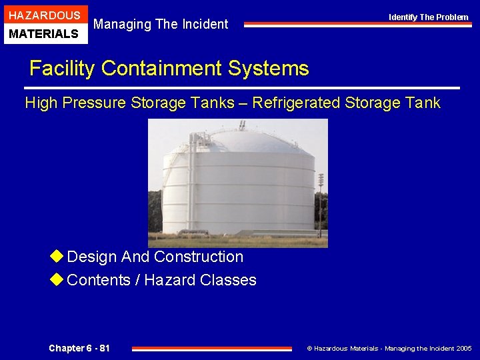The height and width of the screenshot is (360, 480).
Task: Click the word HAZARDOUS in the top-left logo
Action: [x=45, y=15]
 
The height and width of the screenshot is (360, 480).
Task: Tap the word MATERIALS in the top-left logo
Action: [x=45, y=33]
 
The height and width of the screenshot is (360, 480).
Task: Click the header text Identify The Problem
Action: [x=429, y=17]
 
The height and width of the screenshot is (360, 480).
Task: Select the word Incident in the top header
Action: [x=203, y=25]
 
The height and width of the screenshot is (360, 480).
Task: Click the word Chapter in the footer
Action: [x=67, y=348]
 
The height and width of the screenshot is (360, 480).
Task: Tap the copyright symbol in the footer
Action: [x=309, y=349]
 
